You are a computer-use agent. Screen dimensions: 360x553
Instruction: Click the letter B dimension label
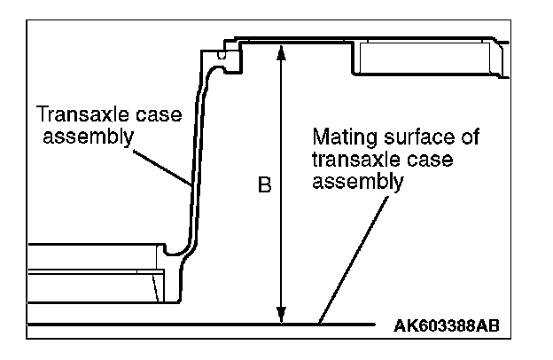264,188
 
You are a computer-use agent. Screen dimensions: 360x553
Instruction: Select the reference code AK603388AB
446,326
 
